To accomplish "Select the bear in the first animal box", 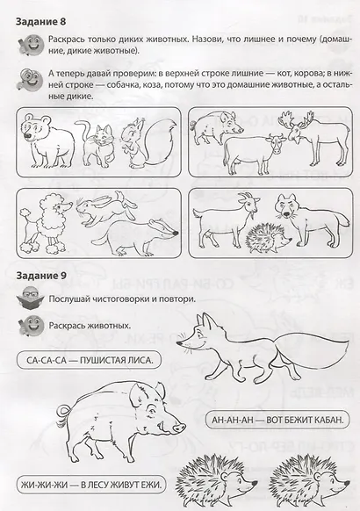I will pyautogui.click(x=41, y=138).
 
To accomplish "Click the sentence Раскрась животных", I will pyautogui.click(x=90, y=325).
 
